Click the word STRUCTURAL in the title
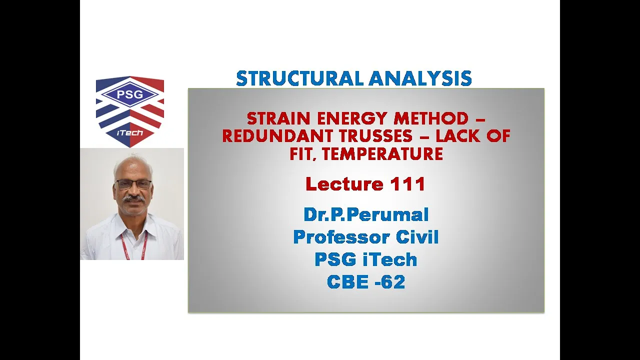coord(300,78)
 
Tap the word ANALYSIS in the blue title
coord(420,78)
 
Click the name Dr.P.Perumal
coord(366,215)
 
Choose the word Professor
coord(341,237)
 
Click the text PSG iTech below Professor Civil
coord(366,259)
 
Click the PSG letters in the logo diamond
coord(130,94)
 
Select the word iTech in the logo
coord(130,133)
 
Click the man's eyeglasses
coord(133,184)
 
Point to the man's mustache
coord(133,198)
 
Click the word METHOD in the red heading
coord(431,118)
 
